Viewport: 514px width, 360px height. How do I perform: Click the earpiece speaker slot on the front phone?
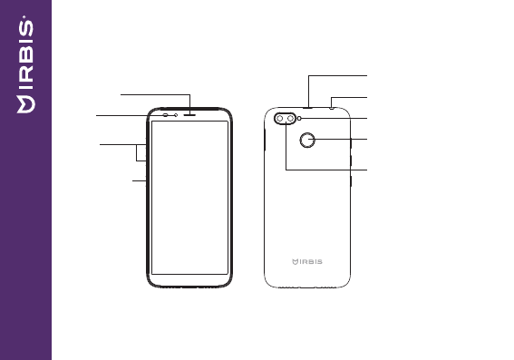[x=189, y=115]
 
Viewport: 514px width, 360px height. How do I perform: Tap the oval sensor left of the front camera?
[x=166, y=115]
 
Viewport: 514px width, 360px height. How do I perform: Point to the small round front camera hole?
[x=176, y=115]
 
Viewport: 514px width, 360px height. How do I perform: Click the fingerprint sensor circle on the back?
[x=307, y=140]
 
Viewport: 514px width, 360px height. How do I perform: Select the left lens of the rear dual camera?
[x=280, y=119]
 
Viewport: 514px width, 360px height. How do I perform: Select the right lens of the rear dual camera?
[x=290, y=119]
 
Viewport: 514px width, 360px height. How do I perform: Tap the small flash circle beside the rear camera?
[x=299, y=119]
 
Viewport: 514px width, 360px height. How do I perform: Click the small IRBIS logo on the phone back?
[x=307, y=262]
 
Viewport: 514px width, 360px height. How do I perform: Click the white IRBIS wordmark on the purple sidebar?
[x=26, y=54]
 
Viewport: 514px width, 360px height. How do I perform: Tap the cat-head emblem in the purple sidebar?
[x=26, y=104]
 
